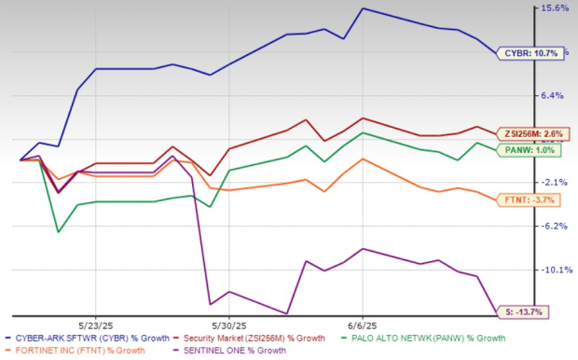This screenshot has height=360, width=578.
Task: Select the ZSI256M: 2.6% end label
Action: click(x=531, y=134)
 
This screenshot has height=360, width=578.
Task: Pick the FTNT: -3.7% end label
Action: click(x=530, y=200)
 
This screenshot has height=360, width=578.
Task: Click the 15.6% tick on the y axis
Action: click(x=556, y=8)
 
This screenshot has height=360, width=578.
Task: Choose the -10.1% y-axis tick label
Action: click(x=556, y=270)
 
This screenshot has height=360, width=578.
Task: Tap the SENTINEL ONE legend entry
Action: click(x=233, y=351)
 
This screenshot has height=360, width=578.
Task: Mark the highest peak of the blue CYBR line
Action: click(x=363, y=8)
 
